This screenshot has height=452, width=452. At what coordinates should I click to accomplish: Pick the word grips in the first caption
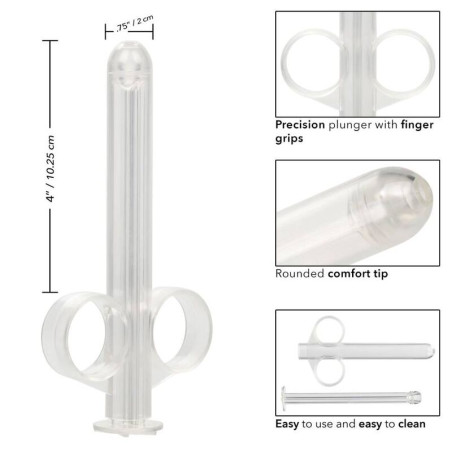[x=291, y=140]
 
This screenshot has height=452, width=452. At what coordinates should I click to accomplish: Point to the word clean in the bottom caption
[x=408, y=423]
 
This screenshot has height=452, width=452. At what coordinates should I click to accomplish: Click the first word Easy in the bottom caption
[x=289, y=423]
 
